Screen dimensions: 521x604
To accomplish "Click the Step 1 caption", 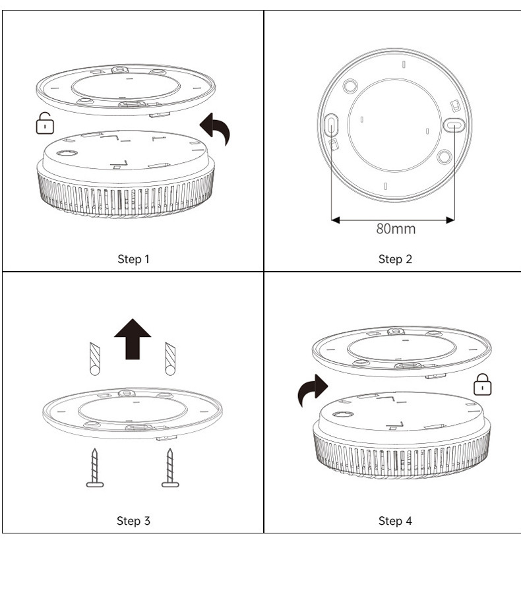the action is (x=133, y=259).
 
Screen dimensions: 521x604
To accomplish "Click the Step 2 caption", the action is (x=395, y=259).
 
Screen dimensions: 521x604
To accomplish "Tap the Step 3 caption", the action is (x=133, y=521).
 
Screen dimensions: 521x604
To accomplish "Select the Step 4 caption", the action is (x=395, y=521).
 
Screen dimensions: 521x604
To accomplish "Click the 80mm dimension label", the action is (x=396, y=229).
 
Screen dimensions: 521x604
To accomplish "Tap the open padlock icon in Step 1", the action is (x=44, y=123).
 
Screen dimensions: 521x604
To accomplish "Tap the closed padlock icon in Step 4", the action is (x=483, y=384).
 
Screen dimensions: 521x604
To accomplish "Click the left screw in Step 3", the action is (x=95, y=468).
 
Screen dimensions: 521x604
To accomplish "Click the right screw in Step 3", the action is (x=170, y=468).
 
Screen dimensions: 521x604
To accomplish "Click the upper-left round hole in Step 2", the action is (x=351, y=85).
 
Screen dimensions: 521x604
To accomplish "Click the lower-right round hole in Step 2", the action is (x=444, y=156).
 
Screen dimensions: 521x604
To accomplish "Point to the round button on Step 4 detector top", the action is (x=343, y=415).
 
